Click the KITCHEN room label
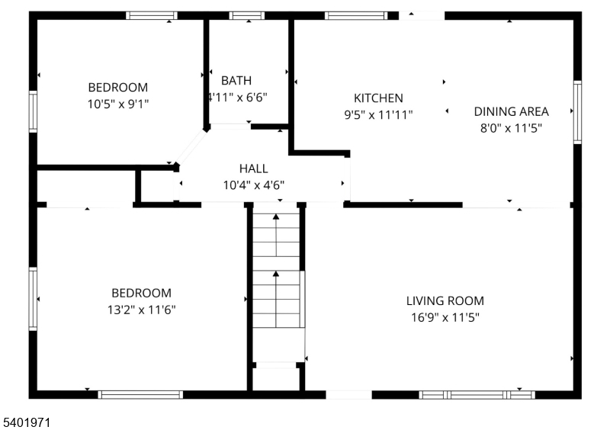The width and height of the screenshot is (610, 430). click(x=378, y=98)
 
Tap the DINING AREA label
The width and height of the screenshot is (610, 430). click(x=511, y=111)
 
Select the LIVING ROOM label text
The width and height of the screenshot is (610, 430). click(x=445, y=301)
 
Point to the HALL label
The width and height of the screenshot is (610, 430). click(x=254, y=168)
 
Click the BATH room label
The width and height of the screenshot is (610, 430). click(x=236, y=81)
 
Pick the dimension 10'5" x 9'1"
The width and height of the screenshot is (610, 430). click(x=118, y=104)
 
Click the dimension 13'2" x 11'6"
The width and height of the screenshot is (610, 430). click(x=142, y=310)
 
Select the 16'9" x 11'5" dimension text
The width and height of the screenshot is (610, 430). click(x=445, y=318)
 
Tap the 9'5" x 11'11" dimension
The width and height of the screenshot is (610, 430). click(x=378, y=115)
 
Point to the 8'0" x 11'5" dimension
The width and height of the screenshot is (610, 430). click(x=511, y=128)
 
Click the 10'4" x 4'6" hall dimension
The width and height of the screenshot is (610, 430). click(x=254, y=185)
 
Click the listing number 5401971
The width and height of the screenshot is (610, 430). click(x=27, y=422)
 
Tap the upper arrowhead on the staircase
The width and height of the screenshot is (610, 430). click(x=276, y=217)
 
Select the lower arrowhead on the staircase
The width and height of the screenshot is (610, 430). click(x=276, y=274)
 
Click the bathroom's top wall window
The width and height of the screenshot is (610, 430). click(x=246, y=15)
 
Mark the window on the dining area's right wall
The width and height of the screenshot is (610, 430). click(x=578, y=112)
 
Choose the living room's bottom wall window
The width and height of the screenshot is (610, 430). click(x=477, y=395)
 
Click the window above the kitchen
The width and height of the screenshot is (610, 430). click(x=356, y=15)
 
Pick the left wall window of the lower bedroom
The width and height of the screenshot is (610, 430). click(x=33, y=299)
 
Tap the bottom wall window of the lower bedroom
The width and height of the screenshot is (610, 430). click(x=140, y=395)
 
